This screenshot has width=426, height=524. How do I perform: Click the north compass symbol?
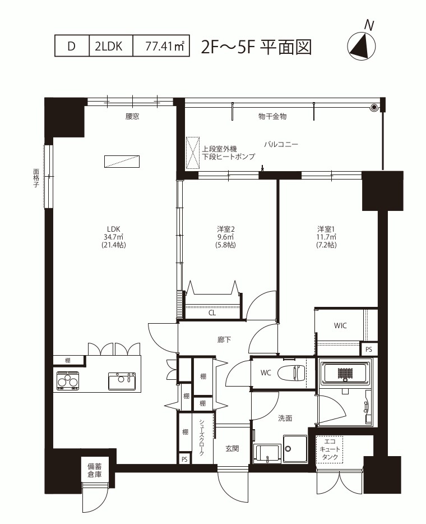pyautogui.click(x=362, y=46)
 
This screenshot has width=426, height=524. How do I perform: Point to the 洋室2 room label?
pyautogui.click(x=226, y=229)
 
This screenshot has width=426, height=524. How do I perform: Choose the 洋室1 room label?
pyautogui.click(x=326, y=229)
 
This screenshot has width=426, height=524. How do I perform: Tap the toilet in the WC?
pyautogui.click(x=291, y=373)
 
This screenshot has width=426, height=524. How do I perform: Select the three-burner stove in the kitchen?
pyautogui.click(x=68, y=380)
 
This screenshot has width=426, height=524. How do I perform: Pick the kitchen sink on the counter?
pyautogui.click(x=122, y=381)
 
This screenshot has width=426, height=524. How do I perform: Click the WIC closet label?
pyautogui.click(x=340, y=325)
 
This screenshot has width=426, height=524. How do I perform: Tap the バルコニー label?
pyautogui.click(x=281, y=144)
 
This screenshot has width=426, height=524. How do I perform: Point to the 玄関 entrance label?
pyautogui.click(x=232, y=448)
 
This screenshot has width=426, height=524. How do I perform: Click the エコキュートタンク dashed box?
pyautogui.click(x=330, y=449)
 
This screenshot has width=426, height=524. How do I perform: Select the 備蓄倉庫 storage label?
pyautogui.click(x=95, y=470)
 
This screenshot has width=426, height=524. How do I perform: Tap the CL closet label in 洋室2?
pyautogui.click(x=212, y=313)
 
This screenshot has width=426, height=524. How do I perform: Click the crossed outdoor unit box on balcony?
pyautogui.click(x=193, y=153)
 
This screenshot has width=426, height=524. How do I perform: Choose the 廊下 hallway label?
pyautogui.click(x=224, y=340)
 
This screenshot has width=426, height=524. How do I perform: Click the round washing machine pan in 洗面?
pyautogui.click(x=295, y=449)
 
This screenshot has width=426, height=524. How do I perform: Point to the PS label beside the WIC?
pyautogui.click(x=369, y=350)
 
